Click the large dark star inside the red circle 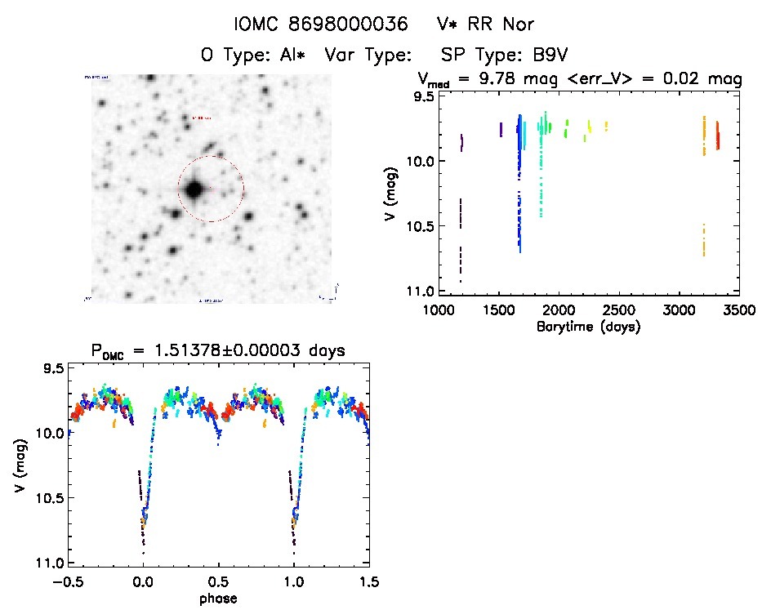(194, 189)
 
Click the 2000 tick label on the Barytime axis (559, 311)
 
